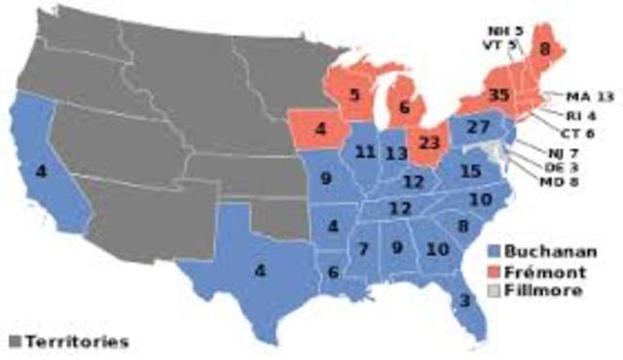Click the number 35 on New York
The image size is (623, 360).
point(474,95)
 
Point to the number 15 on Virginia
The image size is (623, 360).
point(470,171)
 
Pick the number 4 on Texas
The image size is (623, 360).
point(260,270)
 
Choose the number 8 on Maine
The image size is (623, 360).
point(546,49)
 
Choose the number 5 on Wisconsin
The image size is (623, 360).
point(356,94)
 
